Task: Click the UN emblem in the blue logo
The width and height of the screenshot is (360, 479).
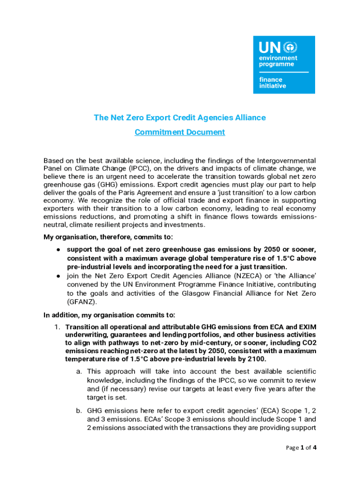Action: [x=291, y=48]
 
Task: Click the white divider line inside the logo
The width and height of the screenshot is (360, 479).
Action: [x=284, y=72]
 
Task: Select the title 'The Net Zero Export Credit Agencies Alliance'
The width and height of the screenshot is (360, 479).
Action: [x=180, y=117]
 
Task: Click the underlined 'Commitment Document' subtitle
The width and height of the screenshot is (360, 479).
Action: [x=180, y=132]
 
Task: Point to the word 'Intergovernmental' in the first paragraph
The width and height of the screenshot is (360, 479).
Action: [x=287, y=160]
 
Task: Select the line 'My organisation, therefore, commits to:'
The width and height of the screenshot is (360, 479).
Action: [x=108, y=237]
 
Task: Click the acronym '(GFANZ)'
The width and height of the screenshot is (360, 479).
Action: [x=82, y=302]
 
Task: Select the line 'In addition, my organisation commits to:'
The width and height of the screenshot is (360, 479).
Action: [x=109, y=315]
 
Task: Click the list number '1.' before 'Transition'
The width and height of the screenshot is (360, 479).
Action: [x=58, y=327]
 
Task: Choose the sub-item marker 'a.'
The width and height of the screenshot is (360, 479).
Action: [x=79, y=371]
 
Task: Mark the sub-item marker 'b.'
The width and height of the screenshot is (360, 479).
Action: [x=79, y=411]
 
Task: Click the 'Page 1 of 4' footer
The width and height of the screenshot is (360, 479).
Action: [x=301, y=448]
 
